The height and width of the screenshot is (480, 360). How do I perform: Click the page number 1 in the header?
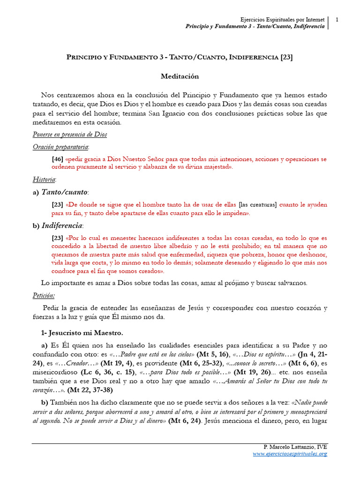tap(337, 19)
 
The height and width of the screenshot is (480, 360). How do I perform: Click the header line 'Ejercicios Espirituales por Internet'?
tap(282, 19)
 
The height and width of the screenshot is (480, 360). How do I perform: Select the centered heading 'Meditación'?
tap(180, 76)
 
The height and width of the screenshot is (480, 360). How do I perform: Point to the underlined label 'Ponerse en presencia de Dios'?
tap(70, 135)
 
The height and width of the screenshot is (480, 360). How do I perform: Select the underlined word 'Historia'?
tap(45, 180)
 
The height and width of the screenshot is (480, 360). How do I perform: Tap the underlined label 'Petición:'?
tap(44, 295)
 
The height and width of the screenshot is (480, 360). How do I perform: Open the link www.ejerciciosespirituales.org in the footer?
tap(290, 453)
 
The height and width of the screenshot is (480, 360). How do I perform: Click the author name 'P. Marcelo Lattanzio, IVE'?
tap(296, 446)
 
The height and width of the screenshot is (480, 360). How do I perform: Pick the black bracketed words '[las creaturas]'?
tap(258, 205)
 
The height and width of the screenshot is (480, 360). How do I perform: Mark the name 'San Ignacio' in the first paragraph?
tap(168, 114)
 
